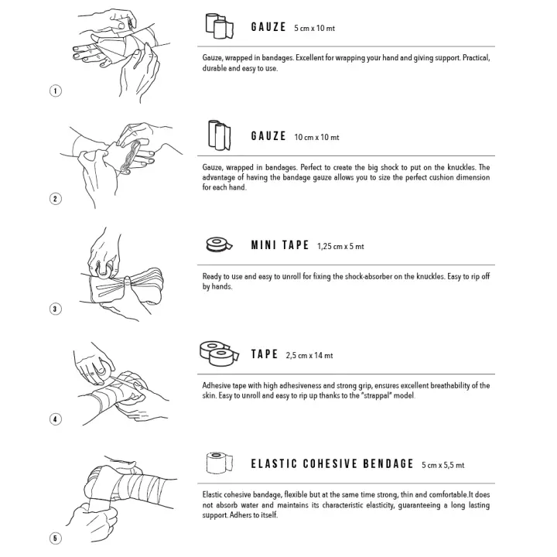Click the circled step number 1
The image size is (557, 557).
point(56,91)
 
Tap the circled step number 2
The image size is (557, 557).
point(56,199)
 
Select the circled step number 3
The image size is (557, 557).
point(56,309)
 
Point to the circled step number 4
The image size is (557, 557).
point(56,419)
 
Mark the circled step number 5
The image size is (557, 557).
point(56,538)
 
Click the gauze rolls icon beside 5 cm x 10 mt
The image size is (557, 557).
point(220,26)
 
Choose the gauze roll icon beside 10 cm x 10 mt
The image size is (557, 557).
point(219,135)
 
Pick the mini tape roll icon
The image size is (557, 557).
point(219,244)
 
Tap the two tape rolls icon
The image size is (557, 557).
point(219,354)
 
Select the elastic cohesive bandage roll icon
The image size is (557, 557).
point(220,463)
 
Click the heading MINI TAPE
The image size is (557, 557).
point(280,245)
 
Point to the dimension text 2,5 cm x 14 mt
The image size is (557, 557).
point(309,355)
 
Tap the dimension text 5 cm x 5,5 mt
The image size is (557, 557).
point(443,465)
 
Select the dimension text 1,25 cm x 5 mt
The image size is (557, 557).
point(340,246)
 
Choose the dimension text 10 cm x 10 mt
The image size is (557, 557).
point(316,137)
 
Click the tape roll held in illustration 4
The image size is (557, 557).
point(103,370)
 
